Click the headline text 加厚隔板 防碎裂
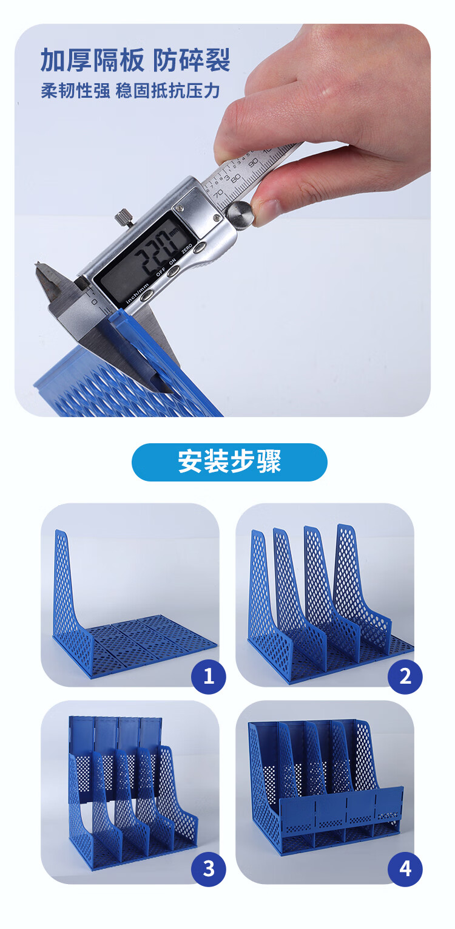[135, 60]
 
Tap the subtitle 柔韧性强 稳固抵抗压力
[130, 91]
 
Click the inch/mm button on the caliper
[146, 295]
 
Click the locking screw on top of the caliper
[124, 217]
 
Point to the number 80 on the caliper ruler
[235, 179]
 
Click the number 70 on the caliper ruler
[218, 193]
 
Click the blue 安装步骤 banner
[229, 462]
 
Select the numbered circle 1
[209, 676]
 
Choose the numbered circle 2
[405, 676]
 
